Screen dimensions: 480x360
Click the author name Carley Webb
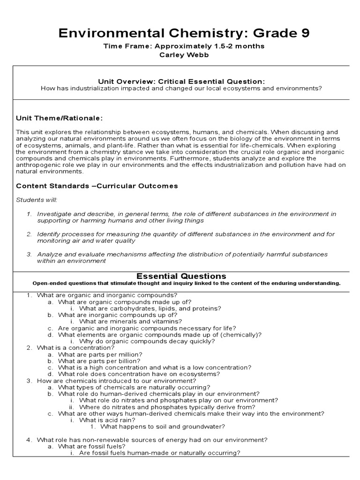pyautogui.click(x=180, y=55)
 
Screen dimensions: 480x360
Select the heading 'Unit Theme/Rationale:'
pyautogui.click(x=59, y=118)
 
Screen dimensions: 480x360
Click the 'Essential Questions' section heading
pyautogui.click(x=181, y=276)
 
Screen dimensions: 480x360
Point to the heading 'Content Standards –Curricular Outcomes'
pyautogui.click(x=97, y=186)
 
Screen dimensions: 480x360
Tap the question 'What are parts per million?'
pyautogui.click(x=100, y=354)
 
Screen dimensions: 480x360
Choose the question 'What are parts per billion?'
pyautogui.click(x=99, y=361)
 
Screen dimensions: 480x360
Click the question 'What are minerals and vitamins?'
pyautogui.click(x=130, y=322)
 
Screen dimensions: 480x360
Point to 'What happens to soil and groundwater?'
pyautogui.click(x=163, y=427)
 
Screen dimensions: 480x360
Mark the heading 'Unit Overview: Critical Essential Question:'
pyautogui.click(x=181, y=81)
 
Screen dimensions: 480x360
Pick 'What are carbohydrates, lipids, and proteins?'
pyautogui.click(x=143, y=308)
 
